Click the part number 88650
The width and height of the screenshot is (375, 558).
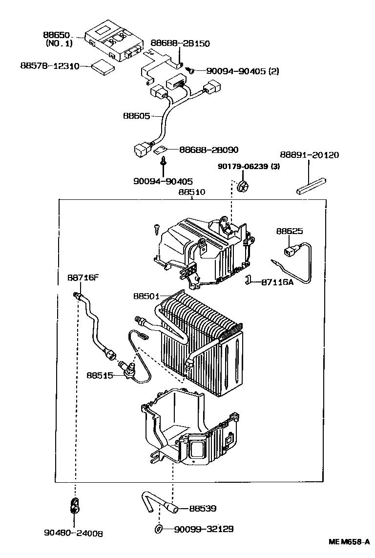click(x=57, y=36)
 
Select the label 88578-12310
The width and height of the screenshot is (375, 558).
click(x=49, y=65)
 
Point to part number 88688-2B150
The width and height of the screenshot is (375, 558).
click(x=180, y=43)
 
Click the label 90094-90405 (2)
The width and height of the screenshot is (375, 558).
click(x=242, y=71)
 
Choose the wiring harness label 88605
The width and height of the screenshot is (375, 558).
click(x=136, y=116)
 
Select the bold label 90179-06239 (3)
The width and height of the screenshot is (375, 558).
click(x=249, y=167)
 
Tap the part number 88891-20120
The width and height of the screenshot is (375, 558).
click(x=309, y=155)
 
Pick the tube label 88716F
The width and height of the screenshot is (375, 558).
click(x=83, y=278)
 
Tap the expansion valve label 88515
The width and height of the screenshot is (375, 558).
click(x=100, y=375)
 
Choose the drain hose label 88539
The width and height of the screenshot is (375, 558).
click(x=202, y=509)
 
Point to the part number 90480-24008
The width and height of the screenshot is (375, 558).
click(x=75, y=534)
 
